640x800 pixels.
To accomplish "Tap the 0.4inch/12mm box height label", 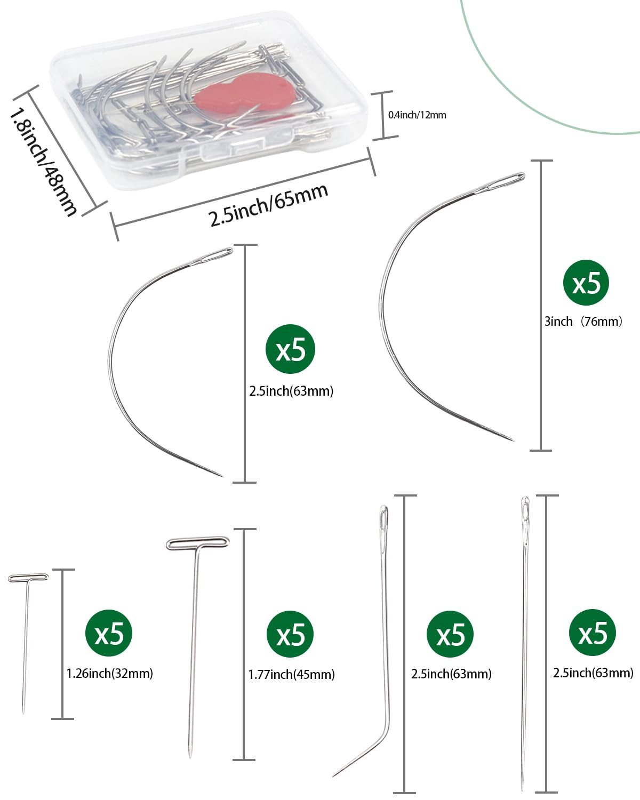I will [x=417, y=115].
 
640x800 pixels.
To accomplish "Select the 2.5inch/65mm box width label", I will [x=268, y=205].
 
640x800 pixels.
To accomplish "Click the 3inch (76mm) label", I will [x=583, y=321].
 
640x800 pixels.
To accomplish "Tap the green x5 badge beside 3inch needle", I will [x=586, y=283].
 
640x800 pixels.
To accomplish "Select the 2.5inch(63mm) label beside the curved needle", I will [x=291, y=391].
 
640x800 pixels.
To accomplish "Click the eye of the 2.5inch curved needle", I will [x=215, y=255].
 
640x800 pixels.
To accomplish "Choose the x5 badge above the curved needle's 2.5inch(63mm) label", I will [x=291, y=349].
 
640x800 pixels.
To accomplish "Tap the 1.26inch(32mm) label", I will [x=109, y=673].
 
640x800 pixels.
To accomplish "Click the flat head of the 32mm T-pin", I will [x=28, y=578].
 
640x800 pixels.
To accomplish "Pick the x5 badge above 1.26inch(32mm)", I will [x=109, y=634].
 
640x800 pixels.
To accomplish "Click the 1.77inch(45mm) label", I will [x=291, y=675].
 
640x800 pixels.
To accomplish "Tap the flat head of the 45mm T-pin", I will [x=197, y=543].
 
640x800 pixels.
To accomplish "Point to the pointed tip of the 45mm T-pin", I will [x=190, y=756].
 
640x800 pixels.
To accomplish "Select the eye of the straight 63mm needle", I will [x=525, y=511].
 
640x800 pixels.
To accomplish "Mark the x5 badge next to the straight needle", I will [x=593, y=633].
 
